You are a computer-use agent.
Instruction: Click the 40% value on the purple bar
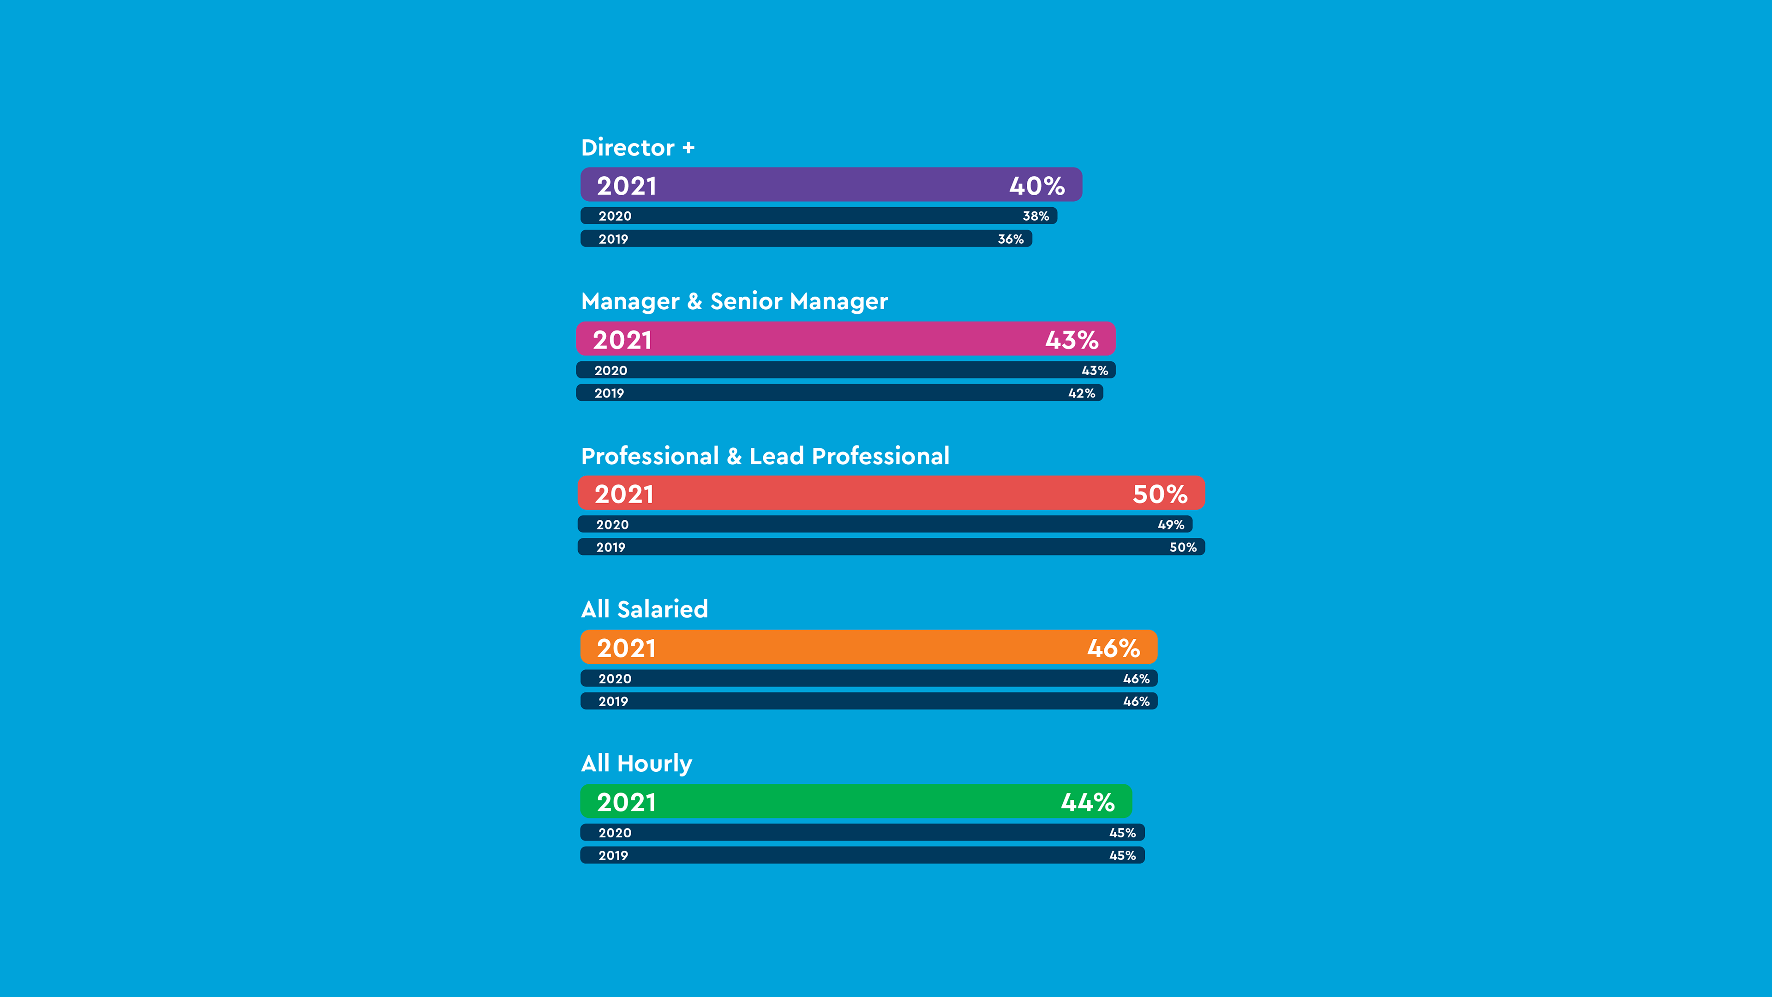(x=1036, y=186)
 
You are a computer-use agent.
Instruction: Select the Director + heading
(x=638, y=147)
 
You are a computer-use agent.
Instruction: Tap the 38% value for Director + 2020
(x=1035, y=216)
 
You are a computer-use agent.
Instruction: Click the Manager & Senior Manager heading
(x=734, y=301)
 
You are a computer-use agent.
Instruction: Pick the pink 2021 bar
(x=845, y=339)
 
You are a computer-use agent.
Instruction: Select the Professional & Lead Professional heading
(x=765, y=456)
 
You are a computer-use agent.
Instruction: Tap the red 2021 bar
(x=891, y=493)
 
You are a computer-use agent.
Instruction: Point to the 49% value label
(x=1171, y=525)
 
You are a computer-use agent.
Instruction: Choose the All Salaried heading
(x=645, y=609)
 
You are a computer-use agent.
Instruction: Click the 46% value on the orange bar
(x=1113, y=648)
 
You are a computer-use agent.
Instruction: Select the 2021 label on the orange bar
(x=626, y=648)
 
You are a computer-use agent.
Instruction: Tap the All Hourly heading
(x=636, y=763)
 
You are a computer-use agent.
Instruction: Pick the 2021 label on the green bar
(x=626, y=802)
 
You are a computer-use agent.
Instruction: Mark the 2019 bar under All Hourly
(x=862, y=855)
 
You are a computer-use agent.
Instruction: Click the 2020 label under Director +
(x=614, y=216)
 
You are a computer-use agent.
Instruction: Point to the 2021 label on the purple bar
(x=626, y=186)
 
